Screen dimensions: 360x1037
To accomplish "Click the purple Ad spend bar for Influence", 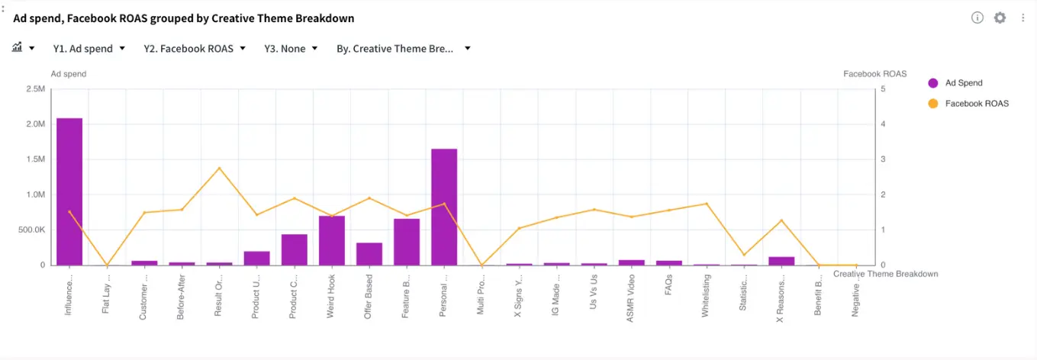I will click(69, 191).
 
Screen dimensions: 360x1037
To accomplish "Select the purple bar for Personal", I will click(444, 207).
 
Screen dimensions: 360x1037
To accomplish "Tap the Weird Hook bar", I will click(332, 240).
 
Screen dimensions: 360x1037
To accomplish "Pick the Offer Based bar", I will click(369, 254).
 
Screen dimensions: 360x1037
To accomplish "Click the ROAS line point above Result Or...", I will click(219, 168).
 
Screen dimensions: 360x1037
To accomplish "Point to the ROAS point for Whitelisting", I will click(707, 204).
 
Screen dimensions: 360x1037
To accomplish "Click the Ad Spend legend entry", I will click(963, 82).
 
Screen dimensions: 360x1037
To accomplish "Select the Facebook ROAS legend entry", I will click(976, 103).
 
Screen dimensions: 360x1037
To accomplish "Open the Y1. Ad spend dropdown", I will click(89, 49).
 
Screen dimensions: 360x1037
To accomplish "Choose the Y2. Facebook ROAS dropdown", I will click(195, 49).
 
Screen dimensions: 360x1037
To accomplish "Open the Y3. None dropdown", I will click(291, 49).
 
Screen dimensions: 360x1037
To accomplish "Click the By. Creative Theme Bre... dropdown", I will click(403, 49).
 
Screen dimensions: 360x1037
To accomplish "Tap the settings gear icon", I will click(1000, 18).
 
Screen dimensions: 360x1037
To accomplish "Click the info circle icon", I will click(977, 18).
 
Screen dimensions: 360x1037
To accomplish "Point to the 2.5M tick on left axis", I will click(36, 89).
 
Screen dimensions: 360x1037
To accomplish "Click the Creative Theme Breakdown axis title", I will click(885, 274).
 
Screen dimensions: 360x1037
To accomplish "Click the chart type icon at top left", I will click(18, 48).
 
